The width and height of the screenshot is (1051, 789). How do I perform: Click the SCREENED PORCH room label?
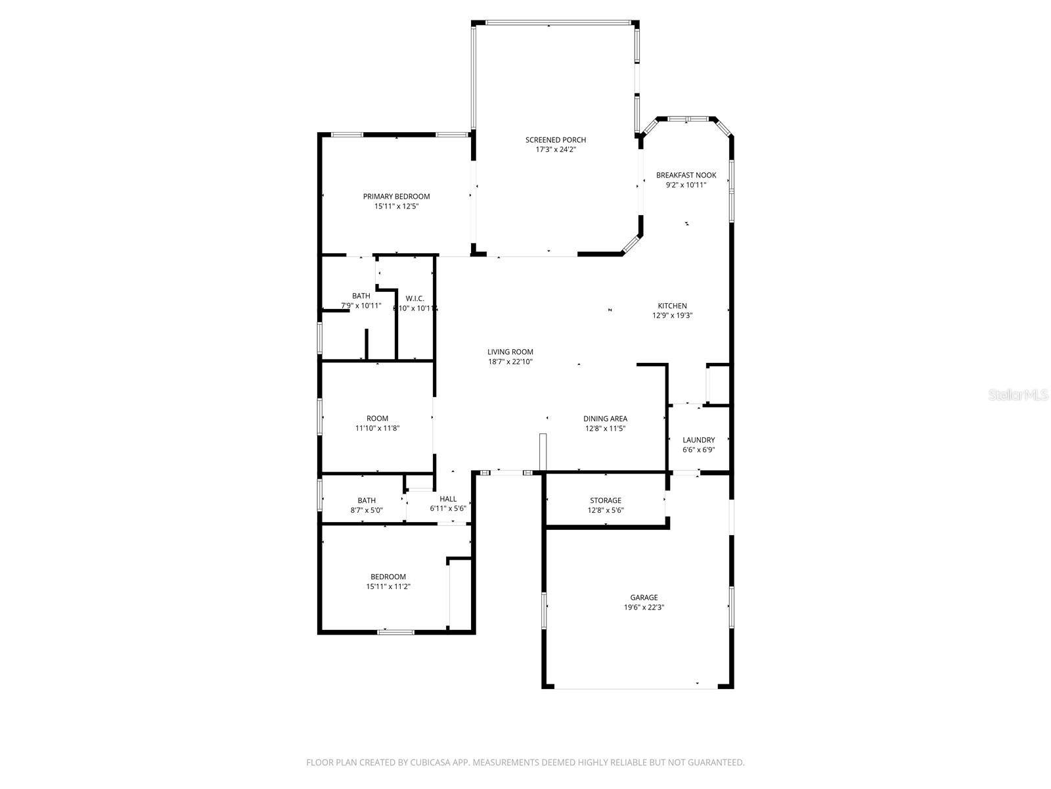pos(555,140)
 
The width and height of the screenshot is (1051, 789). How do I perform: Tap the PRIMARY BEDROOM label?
pos(396,197)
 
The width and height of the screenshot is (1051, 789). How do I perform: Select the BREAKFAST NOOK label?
pos(686,176)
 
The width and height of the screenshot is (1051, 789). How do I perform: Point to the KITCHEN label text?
pos(672,306)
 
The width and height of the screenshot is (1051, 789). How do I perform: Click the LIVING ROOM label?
pos(510,352)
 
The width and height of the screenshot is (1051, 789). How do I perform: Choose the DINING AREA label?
pos(605,419)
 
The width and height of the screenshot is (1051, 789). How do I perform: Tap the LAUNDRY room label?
pos(698,441)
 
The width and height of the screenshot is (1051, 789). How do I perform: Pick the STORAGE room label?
pos(605,501)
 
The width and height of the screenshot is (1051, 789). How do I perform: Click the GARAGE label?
pos(644,598)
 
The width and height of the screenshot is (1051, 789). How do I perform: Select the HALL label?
pos(448,499)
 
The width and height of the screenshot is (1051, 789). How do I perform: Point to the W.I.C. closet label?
pos(415,299)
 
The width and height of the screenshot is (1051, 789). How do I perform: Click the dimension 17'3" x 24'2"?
pos(555,150)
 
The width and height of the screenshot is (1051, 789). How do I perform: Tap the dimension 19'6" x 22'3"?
pos(644,608)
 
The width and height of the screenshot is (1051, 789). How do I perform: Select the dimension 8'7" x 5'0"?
pos(367,510)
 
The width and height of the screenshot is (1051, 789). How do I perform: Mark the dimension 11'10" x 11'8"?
pos(377,428)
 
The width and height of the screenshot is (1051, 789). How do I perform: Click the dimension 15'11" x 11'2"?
pos(388,586)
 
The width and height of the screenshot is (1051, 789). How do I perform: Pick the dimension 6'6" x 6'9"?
pos(698,450)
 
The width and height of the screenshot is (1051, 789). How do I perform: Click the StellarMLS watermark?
pos(1017,395)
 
